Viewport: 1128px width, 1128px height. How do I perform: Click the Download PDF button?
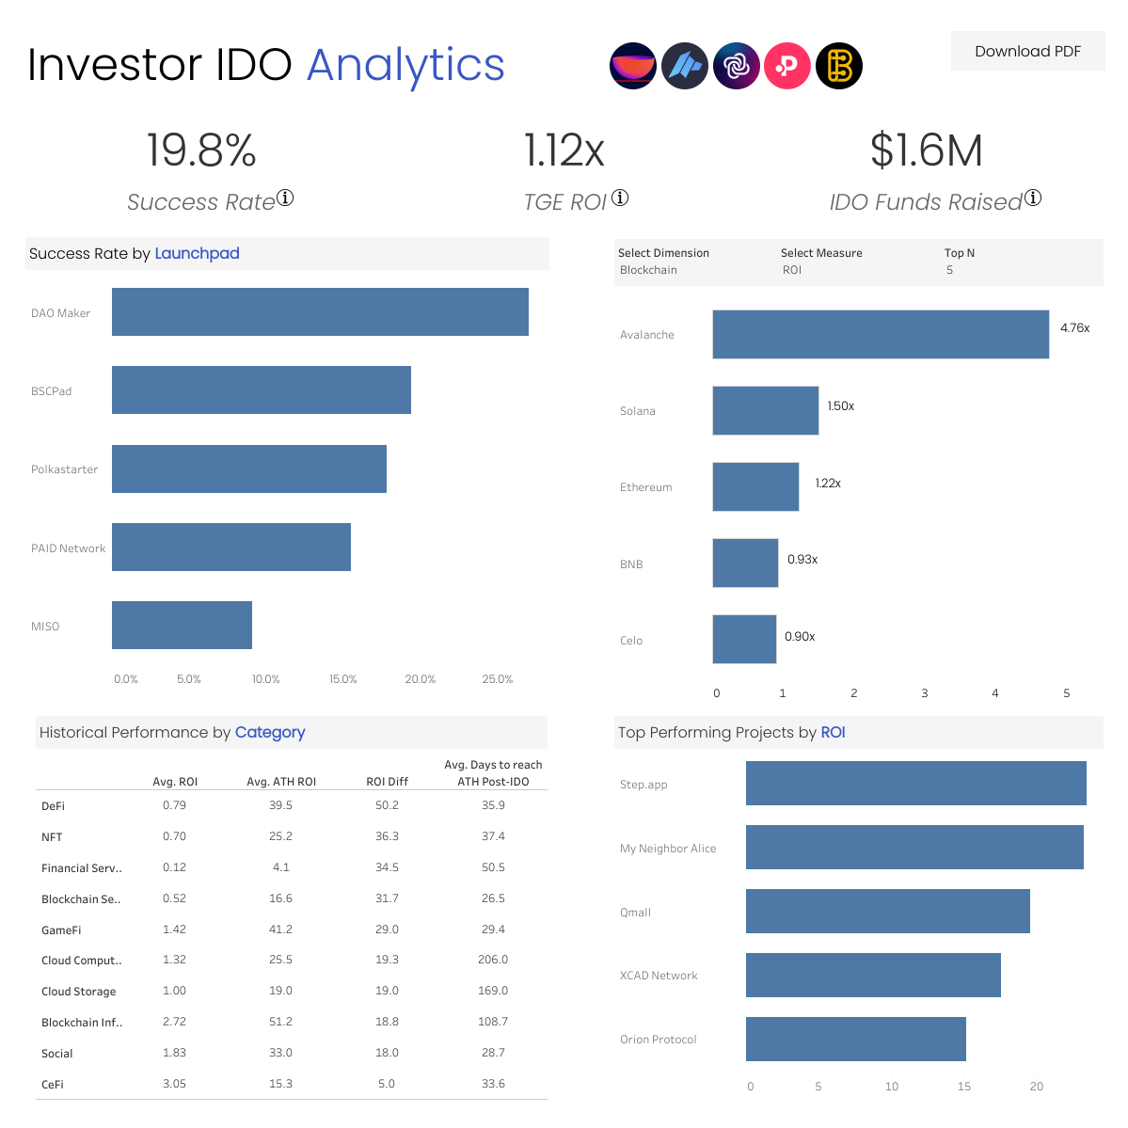pos(1027,52)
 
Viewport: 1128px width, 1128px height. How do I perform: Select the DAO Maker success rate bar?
pos(320,311)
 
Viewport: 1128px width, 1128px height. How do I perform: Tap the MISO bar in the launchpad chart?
pos(182,625)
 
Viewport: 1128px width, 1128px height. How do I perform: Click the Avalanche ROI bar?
pos(880,334)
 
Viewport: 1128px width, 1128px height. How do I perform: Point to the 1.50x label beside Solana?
pos(841,406)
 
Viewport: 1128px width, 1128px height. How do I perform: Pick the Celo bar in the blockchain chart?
pos(744,639)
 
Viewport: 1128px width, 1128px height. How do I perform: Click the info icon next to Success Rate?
pos(285,198)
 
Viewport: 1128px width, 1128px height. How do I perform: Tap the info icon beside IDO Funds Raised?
pos(1033,198)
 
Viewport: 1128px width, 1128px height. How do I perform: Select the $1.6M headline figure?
pos(926,151)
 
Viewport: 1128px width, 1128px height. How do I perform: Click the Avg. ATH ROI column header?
pos(281,782)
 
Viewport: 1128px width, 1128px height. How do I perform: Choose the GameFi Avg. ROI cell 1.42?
pos(174,929)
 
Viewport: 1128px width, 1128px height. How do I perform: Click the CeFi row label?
pos(53,1085)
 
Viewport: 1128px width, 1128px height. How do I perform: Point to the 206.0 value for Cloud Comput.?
pos(493,960)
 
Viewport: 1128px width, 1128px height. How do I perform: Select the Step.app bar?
pos(915,783)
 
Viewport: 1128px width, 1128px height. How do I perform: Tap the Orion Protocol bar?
pos(855,1039)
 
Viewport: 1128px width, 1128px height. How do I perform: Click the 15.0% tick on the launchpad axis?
pos(342,679)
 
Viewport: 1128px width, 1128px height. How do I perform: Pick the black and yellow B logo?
pos(838,66)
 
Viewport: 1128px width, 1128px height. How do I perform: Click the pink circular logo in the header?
pos(787,66)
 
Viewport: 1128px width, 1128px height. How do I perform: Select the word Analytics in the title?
pos(405,66)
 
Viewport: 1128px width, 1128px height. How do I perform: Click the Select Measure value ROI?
pos(792,270)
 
